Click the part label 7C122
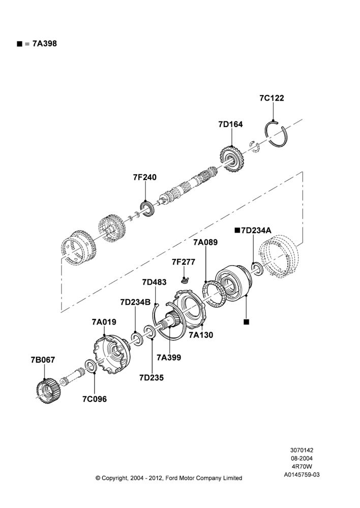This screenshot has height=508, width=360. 272,98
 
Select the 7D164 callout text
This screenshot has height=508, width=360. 230,124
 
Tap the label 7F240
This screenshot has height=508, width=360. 144,177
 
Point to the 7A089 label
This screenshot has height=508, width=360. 205,242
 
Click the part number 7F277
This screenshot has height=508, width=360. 184,262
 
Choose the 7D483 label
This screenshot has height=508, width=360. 154,282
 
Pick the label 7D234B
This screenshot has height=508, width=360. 135,302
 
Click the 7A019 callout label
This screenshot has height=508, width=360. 104,322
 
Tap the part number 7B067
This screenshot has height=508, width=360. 43,360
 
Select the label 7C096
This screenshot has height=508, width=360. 95,399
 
